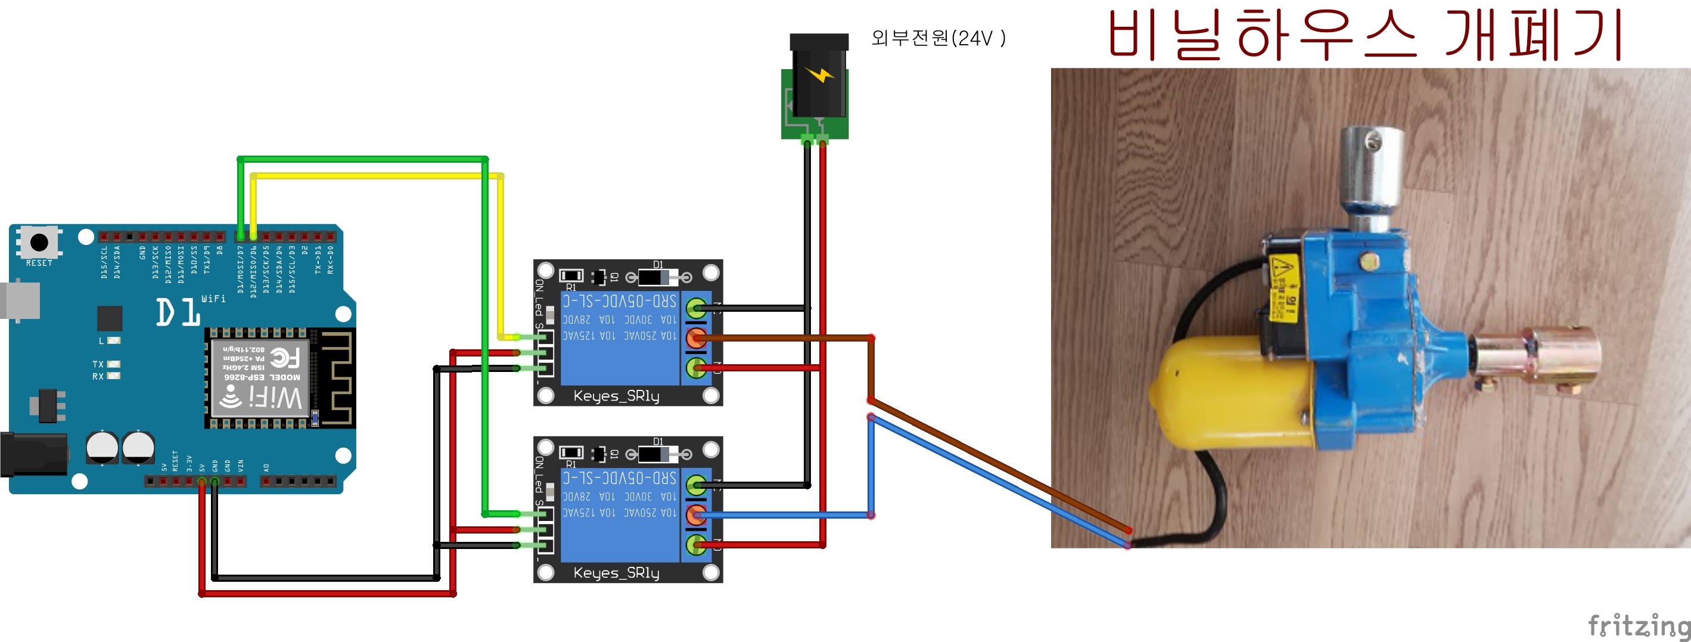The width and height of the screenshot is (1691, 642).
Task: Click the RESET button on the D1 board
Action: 39,243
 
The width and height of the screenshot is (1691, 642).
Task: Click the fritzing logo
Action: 1637,624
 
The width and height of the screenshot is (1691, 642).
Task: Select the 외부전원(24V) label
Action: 938,38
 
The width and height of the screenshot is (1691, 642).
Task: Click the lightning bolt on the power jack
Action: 819,73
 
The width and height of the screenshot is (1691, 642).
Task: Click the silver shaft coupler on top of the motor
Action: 1372,164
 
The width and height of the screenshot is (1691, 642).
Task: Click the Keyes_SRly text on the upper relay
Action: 616,396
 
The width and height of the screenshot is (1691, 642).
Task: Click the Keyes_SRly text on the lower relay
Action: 616,573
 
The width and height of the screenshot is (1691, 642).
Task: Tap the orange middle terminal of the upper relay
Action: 696,338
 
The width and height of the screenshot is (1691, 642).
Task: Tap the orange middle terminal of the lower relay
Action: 696,515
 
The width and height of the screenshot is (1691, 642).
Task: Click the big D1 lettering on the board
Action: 177,312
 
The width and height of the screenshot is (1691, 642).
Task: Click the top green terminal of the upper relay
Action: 696,308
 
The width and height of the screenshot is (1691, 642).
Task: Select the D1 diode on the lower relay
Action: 658,454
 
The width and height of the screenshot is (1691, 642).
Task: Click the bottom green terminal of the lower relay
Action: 696,545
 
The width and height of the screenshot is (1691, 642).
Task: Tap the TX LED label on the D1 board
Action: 98,364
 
